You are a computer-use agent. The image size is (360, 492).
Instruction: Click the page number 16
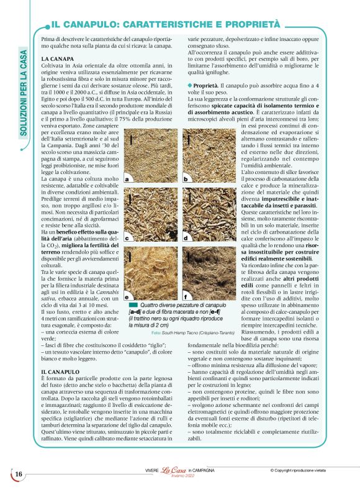pos(19,475)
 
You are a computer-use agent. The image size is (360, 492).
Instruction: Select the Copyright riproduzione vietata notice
pos(304,470)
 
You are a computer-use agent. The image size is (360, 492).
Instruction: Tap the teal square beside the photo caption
pos(133,305)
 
